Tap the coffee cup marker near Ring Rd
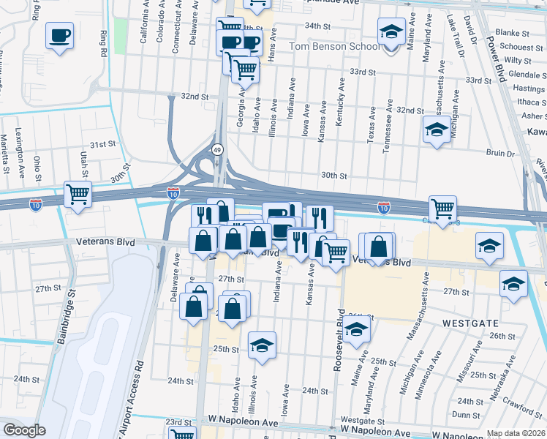59,34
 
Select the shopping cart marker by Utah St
78,195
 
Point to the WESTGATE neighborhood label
469,322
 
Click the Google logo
24,430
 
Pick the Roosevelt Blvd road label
339,339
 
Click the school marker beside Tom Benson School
391,33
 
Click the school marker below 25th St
261,345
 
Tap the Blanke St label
512,33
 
